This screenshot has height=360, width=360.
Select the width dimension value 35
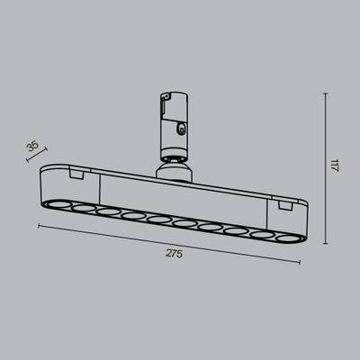click(32, 146)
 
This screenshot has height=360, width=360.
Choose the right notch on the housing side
click(286, 206)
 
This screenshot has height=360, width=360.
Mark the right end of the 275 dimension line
click(300, 263)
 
